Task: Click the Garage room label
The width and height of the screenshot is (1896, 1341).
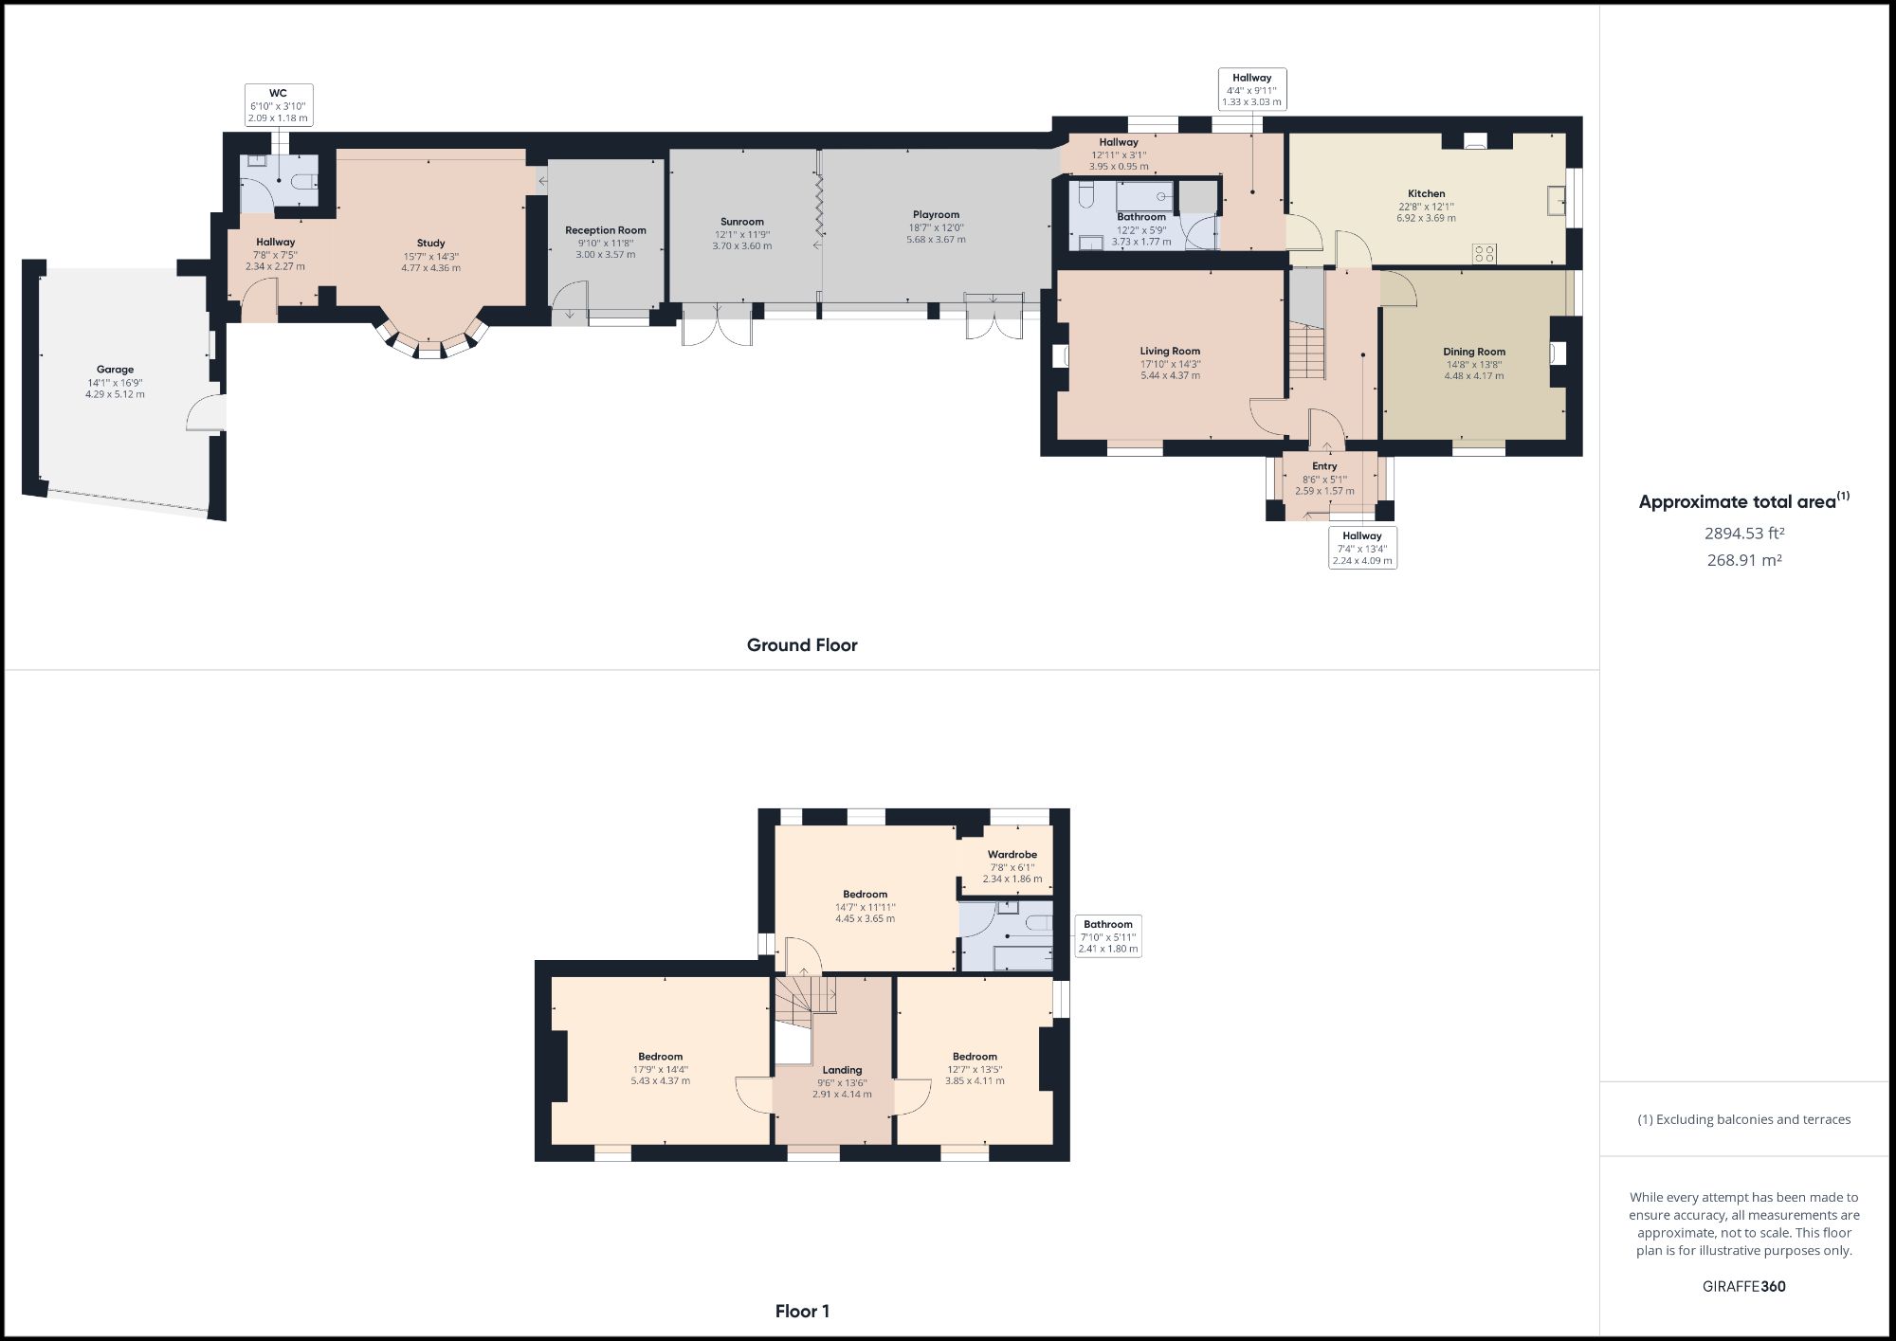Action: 115,370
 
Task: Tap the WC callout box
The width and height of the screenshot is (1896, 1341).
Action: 278,105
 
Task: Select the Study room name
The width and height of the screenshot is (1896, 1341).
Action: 430,244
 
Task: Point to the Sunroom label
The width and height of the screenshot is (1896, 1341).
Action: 741,222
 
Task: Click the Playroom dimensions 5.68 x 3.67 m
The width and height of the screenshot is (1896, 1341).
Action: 936,240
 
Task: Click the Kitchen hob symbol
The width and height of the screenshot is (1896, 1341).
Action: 1484,253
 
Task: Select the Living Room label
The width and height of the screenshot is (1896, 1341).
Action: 1170,352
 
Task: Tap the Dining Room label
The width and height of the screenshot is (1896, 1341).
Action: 1473,352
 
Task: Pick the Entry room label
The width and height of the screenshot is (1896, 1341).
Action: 1324,466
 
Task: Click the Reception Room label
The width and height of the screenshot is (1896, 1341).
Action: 605,230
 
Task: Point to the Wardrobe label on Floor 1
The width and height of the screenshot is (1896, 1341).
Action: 1012,855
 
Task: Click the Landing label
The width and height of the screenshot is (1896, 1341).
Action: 842,1070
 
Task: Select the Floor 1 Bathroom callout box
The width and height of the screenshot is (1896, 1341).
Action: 1107,936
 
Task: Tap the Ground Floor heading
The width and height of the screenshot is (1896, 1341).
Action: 802,645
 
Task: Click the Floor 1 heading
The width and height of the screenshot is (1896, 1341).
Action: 802,1312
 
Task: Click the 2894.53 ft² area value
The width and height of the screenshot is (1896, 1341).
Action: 1743,534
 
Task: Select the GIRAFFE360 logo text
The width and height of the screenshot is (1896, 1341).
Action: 1743,1287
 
